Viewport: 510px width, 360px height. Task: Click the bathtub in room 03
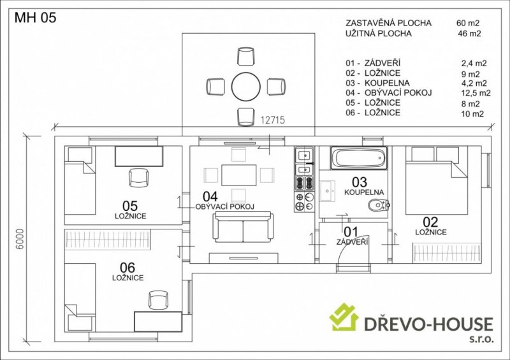point(359,158)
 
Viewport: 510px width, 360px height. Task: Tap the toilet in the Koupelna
point(379,205)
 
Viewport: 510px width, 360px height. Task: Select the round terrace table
point(246,87)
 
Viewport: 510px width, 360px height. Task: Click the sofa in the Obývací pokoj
point(243,227)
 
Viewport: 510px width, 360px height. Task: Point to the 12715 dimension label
point(273,120)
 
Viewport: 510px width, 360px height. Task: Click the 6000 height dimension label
point(20,239)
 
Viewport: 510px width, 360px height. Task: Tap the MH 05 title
point(36,18)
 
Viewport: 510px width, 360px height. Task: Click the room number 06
point(127,268)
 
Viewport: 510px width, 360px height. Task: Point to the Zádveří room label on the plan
point(353,242)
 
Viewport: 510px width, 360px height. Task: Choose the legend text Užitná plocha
point(379,34)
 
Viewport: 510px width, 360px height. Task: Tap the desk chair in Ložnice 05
point(139,178)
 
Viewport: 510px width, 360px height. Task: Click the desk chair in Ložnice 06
point(158,300)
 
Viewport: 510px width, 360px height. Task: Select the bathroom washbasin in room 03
point(328,192)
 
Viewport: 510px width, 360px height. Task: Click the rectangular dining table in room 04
point(239,175)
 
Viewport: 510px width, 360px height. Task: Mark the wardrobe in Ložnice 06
point(108,240)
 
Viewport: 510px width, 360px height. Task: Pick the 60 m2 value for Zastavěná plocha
point(468,23)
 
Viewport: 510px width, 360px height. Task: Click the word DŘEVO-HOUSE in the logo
point(428,324)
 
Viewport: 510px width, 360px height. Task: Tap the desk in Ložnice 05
point(139,156)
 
